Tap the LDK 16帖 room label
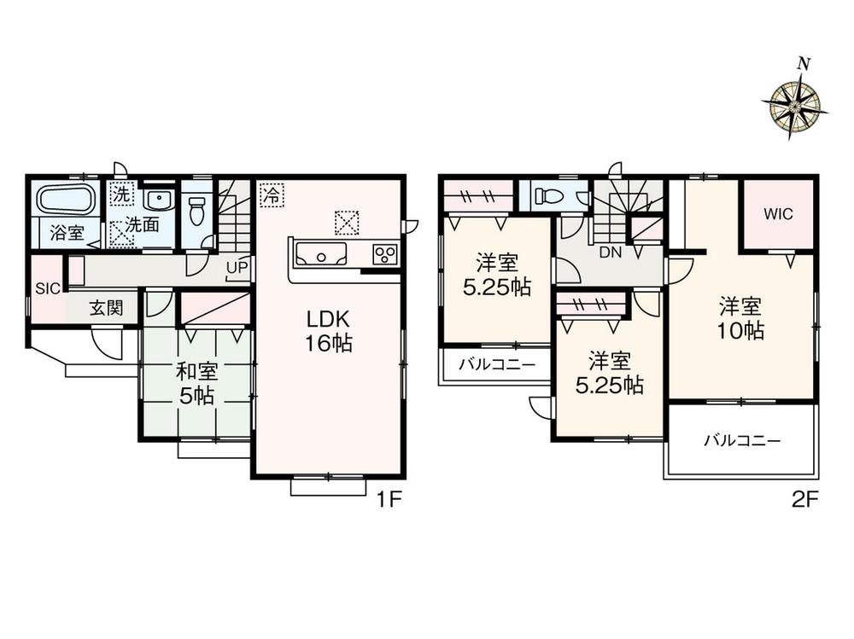click(327, 330)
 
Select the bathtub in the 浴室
click(67, 200)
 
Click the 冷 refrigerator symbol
click(272, 195)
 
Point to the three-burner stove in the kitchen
click(385, 253)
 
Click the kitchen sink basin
click(320, 255)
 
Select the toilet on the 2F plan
click(549, 195)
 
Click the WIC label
click(778, 214)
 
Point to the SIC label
click(47, 288)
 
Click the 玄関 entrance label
click(106, 309)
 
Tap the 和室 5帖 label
click(196, 384)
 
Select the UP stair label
click(237, 268)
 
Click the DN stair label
click(610, 252)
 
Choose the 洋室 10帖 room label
click(740, 318)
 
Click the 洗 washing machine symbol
click(121, 195)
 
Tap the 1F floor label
click(389, 498)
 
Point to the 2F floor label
click(805, 498)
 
